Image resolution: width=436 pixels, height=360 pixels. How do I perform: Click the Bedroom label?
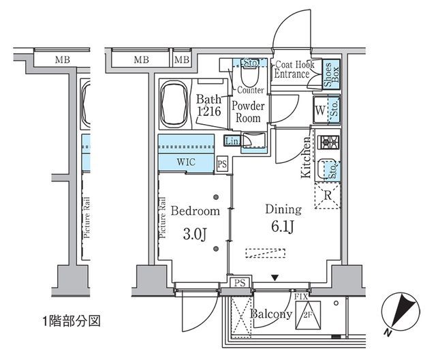point(195,211)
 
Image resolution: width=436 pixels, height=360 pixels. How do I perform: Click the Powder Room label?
point(248,111)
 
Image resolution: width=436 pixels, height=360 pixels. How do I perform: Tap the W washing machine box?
point(320,108)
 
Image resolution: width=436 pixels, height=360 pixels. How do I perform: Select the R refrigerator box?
point(327,196)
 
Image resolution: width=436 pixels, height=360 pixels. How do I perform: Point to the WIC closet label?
point(187,163)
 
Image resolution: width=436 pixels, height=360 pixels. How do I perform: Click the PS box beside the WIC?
point(221,164)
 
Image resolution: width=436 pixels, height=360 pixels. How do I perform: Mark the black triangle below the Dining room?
point(275,277)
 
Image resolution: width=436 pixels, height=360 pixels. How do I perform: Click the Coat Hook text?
point(293,65)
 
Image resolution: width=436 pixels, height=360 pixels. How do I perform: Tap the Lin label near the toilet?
point(232,140)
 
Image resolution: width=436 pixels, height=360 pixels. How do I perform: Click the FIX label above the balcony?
point(302,297)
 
